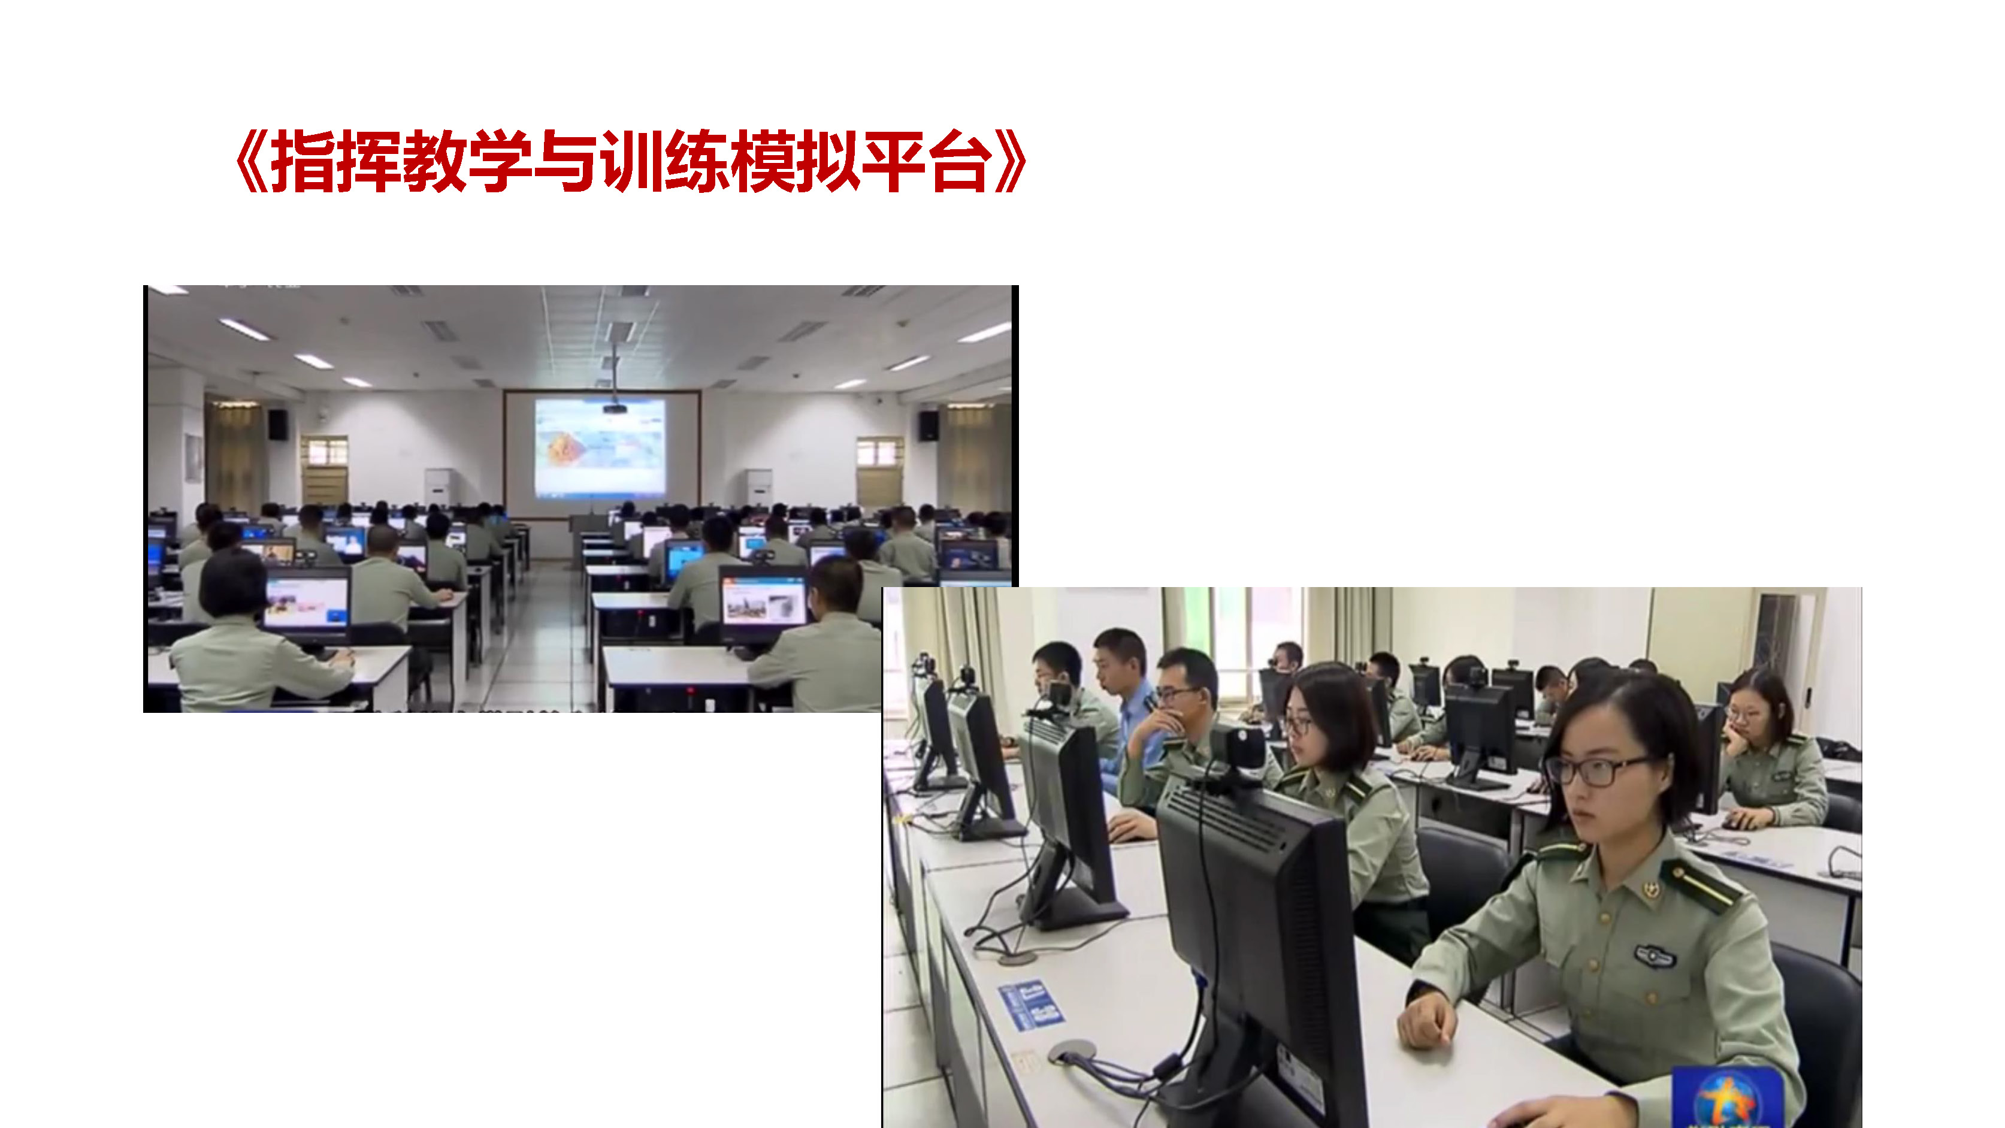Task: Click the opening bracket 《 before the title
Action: pos(252,161)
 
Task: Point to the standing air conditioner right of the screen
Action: pos(759,488)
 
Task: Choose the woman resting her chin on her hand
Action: pos(1771,751)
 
